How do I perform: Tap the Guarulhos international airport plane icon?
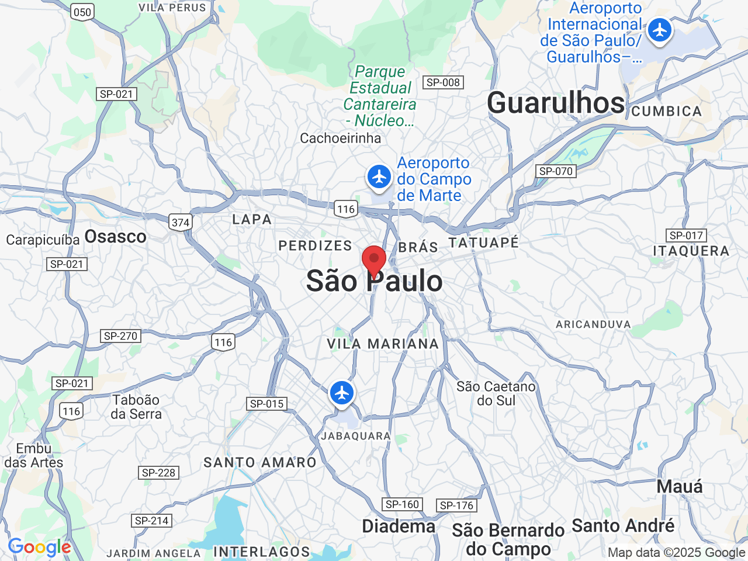[660, 29]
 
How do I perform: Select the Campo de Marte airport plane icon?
[379, 176]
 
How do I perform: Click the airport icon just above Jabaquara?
[342, 392]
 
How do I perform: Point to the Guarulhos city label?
[556, 103]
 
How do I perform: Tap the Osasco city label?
[115, 237]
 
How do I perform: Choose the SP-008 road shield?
[443, 82]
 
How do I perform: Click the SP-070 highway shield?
[556, 171]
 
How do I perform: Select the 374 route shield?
[181, 222]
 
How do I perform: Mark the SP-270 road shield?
[120, 336]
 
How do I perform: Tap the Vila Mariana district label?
[383, 344]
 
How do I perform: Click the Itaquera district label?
[691, 251]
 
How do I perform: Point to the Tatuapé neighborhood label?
[483, 242]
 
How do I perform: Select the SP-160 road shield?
[403, 504]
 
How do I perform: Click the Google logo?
[39, 548]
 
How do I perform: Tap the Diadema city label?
[399, 526]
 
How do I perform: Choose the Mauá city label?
[680, 486]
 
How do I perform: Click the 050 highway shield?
[82, 12]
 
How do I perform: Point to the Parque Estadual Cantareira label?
[380, 96]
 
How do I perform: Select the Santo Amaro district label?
[259, 462]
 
